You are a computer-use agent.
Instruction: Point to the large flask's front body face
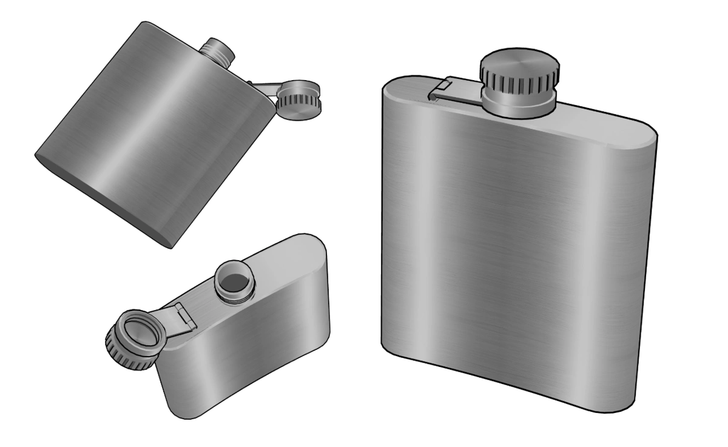(x=516, y=243)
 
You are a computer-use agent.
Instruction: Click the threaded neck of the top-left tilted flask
(x=217, y=50)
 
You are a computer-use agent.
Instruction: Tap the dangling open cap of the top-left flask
(x=298, y=101)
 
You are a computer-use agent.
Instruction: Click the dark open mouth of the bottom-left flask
(x=234, y=280)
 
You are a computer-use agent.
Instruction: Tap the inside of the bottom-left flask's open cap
(x=141, y=334)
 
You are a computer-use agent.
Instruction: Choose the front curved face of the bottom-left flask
(x=243, y=364)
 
